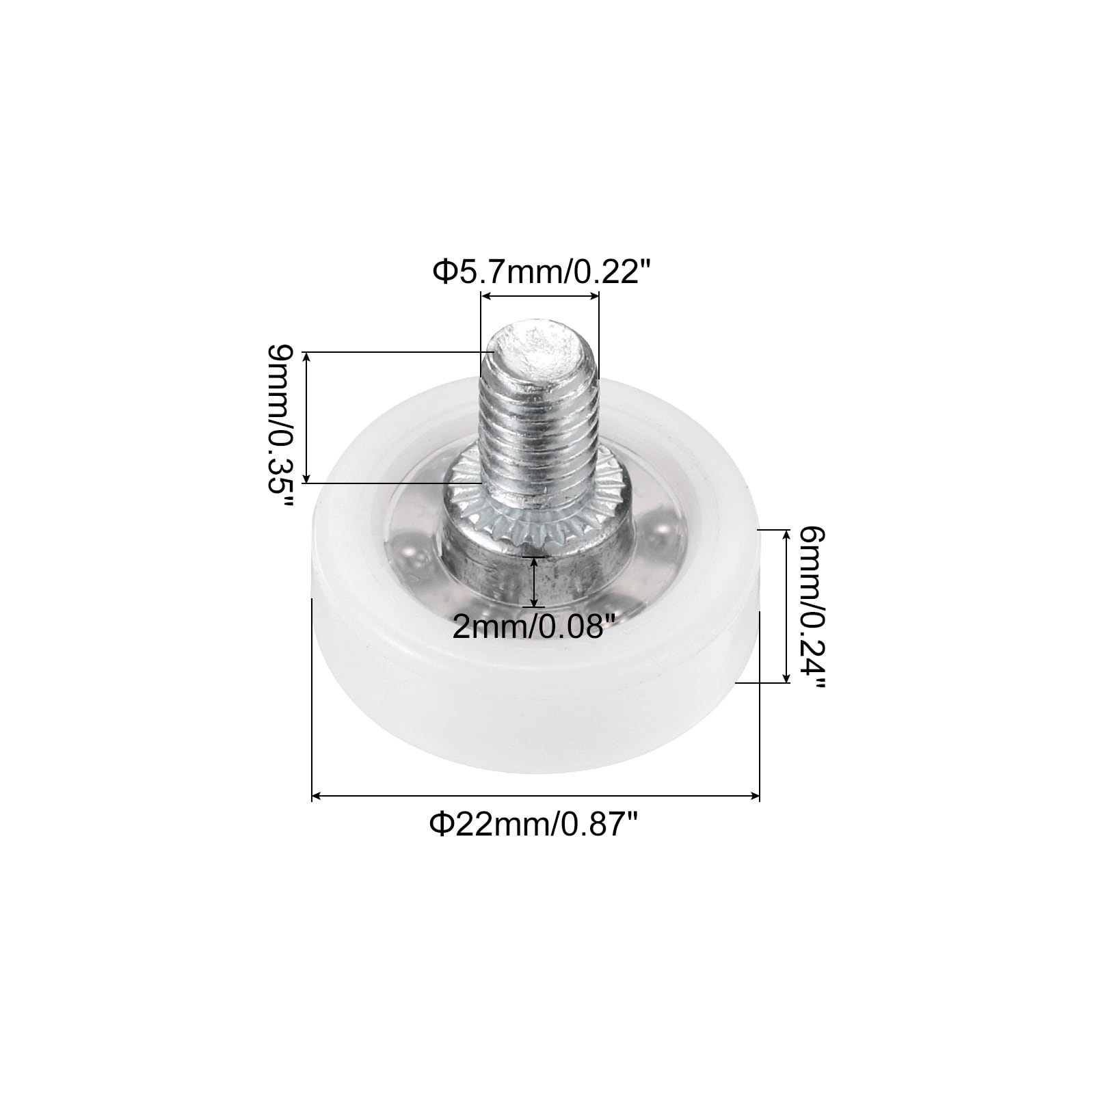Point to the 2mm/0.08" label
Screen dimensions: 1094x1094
pyautogui.click(x=529, y=626)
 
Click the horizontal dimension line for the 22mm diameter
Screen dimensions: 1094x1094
pyautogui.click(x=536, y=796)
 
